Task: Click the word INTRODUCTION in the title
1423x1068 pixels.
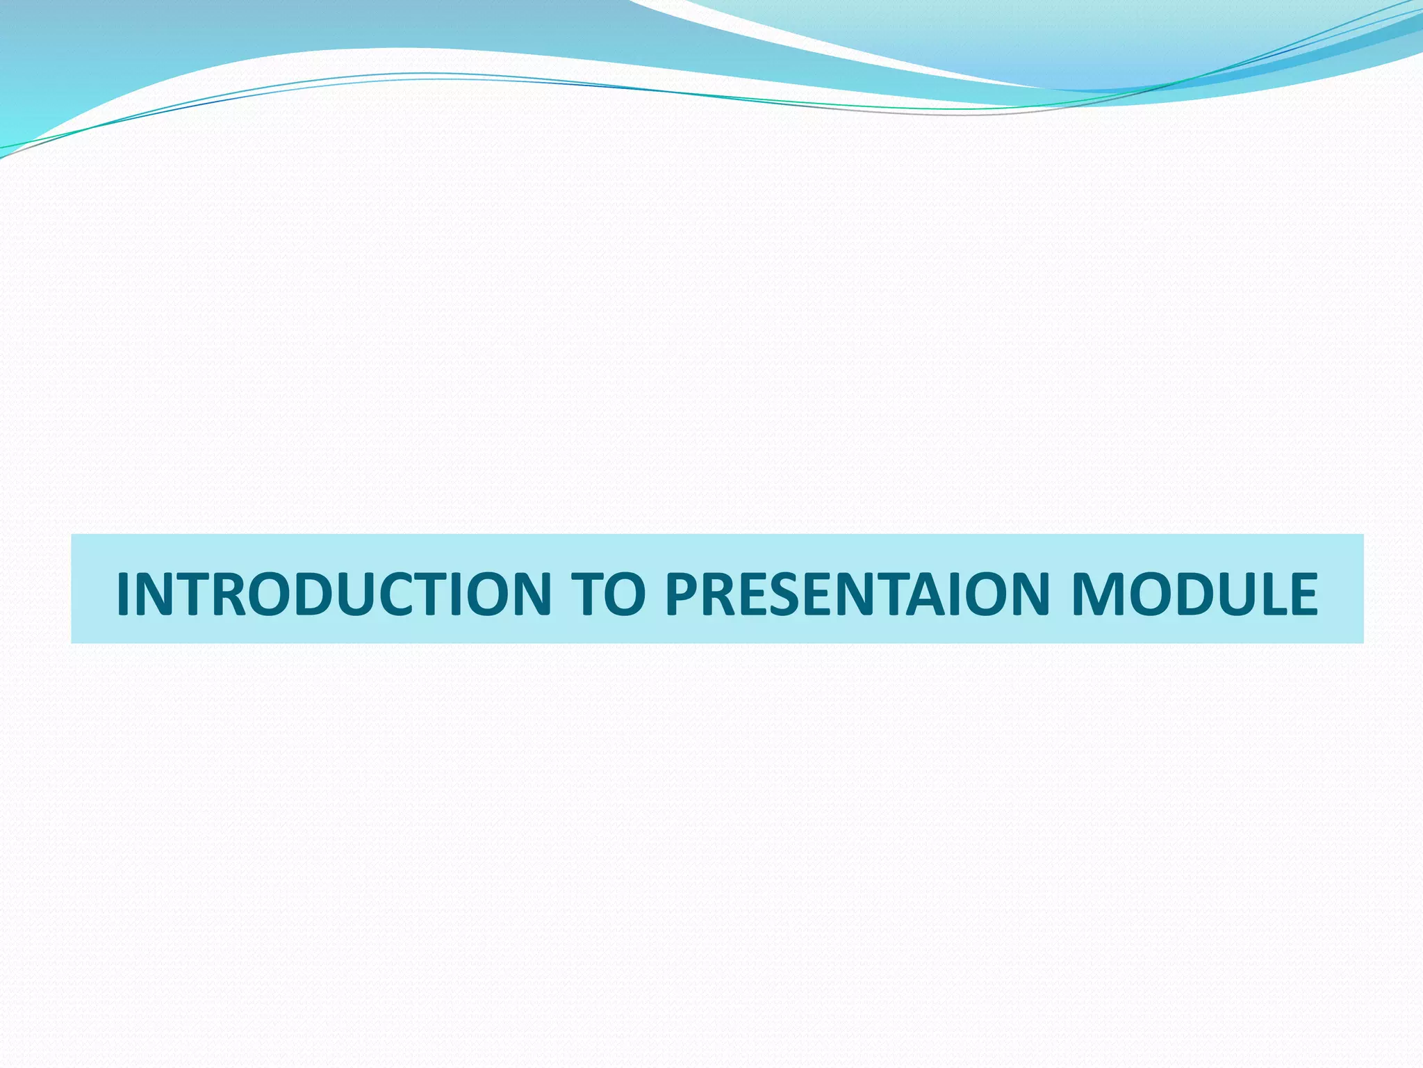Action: coord(334,594)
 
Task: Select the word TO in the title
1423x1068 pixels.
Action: coord(607,594)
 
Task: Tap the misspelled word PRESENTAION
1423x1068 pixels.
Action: coord(857,594)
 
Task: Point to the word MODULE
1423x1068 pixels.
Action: coord(1194,594)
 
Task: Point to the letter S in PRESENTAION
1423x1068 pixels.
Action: coord(786,594)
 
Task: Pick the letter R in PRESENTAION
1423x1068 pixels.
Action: coord(719,594)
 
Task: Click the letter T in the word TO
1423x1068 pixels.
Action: coord(587,594)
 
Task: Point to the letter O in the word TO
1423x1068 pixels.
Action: coord(626,594)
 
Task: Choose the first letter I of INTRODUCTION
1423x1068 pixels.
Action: coord(123,594)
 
